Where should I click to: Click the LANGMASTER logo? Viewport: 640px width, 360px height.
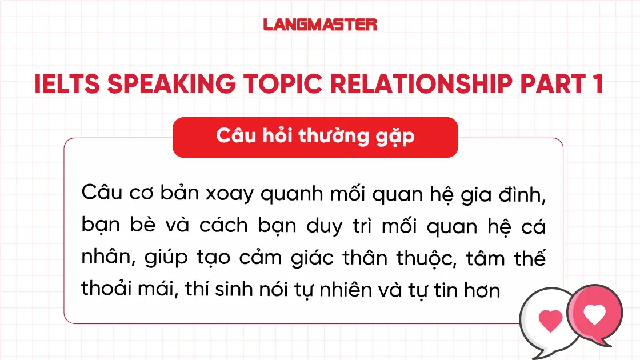[320, 24]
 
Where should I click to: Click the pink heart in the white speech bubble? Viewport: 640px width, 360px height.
[550, 321]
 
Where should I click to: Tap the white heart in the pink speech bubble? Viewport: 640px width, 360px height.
[594, 315]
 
